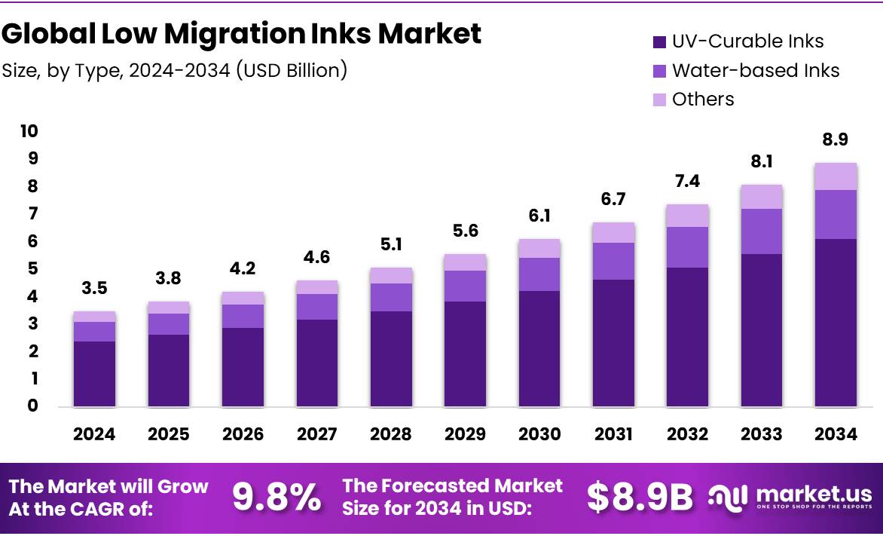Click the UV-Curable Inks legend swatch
tap(659, 42)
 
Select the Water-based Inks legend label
tap(755, 70)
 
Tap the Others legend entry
tap(702, 99)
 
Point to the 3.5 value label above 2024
tap(94, 288)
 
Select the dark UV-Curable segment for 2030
tap(539, 348)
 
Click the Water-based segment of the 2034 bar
tap(836, 214)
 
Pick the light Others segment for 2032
tap(688, 216)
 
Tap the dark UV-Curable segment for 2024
tap(94, 374)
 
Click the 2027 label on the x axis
tap(316, 434)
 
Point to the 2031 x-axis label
tap(613, 434)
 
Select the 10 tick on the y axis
tap(29, 131)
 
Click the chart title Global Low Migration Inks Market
tap(241, 34)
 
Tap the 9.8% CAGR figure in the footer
tap(277, 497)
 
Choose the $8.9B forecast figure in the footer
tap(640, 497)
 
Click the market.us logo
tap(790, 497)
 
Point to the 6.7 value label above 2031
tap(613, 199)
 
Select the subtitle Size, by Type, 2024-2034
tap(175, 70)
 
